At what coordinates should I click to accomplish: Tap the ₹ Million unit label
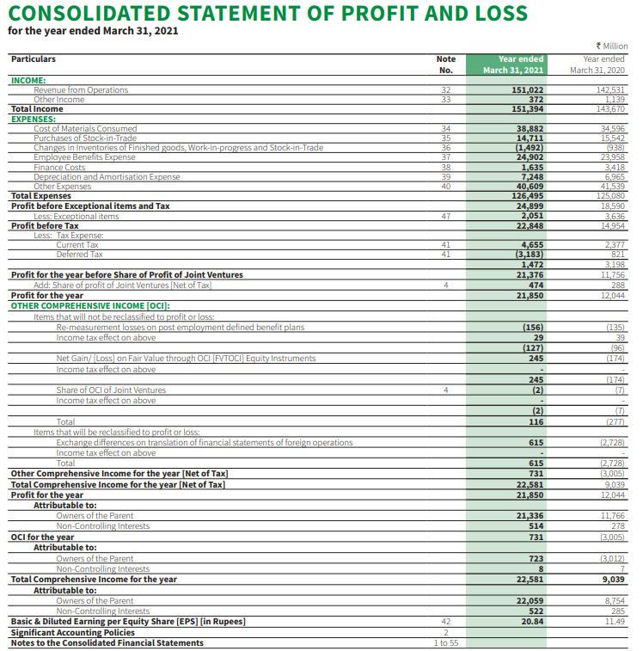(611, 46)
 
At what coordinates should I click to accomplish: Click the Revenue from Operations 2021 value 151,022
(527, 90)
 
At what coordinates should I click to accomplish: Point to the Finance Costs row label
(59, 168)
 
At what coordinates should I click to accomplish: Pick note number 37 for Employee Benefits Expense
(445, 157)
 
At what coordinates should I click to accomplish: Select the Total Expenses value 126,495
(527, 196)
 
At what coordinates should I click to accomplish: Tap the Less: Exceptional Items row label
(76, 216)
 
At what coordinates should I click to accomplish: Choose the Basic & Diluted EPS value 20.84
(531, 620)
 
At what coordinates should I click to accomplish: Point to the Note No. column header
(445, 64)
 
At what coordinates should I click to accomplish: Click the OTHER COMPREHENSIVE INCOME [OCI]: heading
(90, 305)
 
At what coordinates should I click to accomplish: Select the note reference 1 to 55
(445, 642)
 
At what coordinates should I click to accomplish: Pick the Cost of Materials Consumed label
(85, 129)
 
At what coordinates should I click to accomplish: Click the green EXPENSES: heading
(33, 120)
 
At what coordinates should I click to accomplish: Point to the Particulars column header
(34, 59)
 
